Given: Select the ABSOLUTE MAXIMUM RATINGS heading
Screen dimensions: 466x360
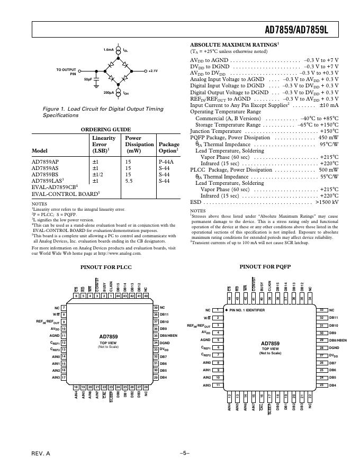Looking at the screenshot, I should click(233, 45).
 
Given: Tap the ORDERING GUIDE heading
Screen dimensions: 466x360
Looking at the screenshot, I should click(105, 129).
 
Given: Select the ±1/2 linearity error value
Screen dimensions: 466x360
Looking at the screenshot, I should click(98, 174).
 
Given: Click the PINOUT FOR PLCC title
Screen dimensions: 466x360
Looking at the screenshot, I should click(106, 267).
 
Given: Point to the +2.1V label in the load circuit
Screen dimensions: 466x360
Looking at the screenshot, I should click(153, 70).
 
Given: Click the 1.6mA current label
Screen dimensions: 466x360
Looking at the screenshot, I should click(109, 50).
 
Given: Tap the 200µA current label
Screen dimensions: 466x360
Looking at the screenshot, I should click(109, 92).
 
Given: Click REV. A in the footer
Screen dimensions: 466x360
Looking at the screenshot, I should click(40, 454).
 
